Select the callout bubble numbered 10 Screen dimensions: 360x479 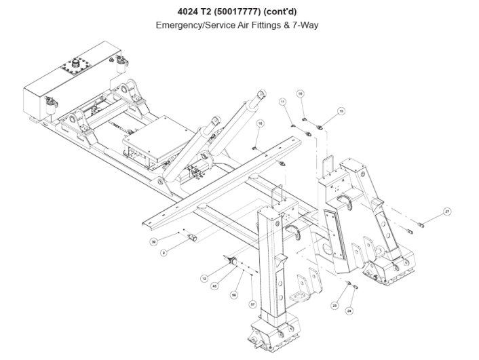pos(341,110)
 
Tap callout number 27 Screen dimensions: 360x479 pos(447,212)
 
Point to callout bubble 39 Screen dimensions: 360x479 pos(154,241)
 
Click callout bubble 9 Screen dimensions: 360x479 pos(164,253)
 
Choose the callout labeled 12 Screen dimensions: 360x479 pos(204,279)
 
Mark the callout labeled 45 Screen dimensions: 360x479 pos(214,286)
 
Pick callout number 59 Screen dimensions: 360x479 pos(233,295)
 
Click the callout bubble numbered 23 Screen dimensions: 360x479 pos(334,306)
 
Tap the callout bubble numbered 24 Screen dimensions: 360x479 pos(349,311)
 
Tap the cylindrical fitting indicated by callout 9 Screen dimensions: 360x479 pos(191,237)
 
